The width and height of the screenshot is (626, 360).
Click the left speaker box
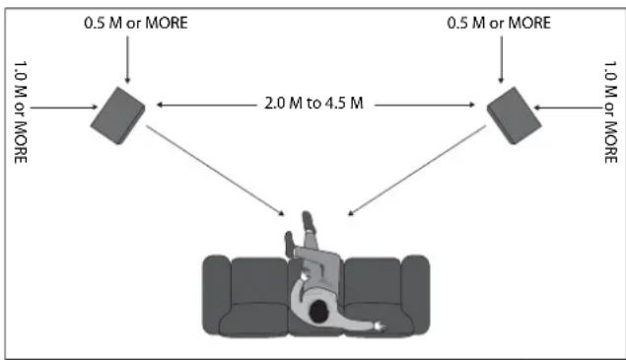tap(117, 115)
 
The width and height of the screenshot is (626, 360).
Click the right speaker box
tap(514, 115)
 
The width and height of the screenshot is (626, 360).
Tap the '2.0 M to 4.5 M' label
tap(313, 104)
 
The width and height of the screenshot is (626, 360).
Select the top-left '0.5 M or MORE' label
tap(136, 23)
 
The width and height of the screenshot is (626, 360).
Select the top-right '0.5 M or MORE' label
tap(499, 23)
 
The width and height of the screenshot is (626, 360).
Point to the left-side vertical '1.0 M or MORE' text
tap(21, 112)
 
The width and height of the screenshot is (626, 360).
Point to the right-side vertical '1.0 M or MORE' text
tap(610, 112)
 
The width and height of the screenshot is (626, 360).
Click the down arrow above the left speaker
tap(127, 59)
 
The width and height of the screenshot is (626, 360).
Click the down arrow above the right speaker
tap(502, 59)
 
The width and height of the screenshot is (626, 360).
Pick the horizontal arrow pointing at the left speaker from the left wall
tap(64, 108)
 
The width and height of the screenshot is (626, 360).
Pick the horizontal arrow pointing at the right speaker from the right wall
tap(568, 108)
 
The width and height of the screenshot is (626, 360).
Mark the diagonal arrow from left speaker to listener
tap(215, 171)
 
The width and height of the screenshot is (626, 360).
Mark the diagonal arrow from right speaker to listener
tap(417, 171)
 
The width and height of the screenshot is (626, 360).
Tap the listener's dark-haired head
tap(319, 312)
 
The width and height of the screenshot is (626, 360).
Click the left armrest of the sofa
tap(216, 295)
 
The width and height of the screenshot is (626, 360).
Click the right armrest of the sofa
tap(415, 295)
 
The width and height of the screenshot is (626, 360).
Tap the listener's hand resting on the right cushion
tap(379, 327)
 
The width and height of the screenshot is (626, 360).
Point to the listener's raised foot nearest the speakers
tap(309, 222)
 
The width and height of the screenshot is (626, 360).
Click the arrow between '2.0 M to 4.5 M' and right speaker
tap(425, 106)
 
